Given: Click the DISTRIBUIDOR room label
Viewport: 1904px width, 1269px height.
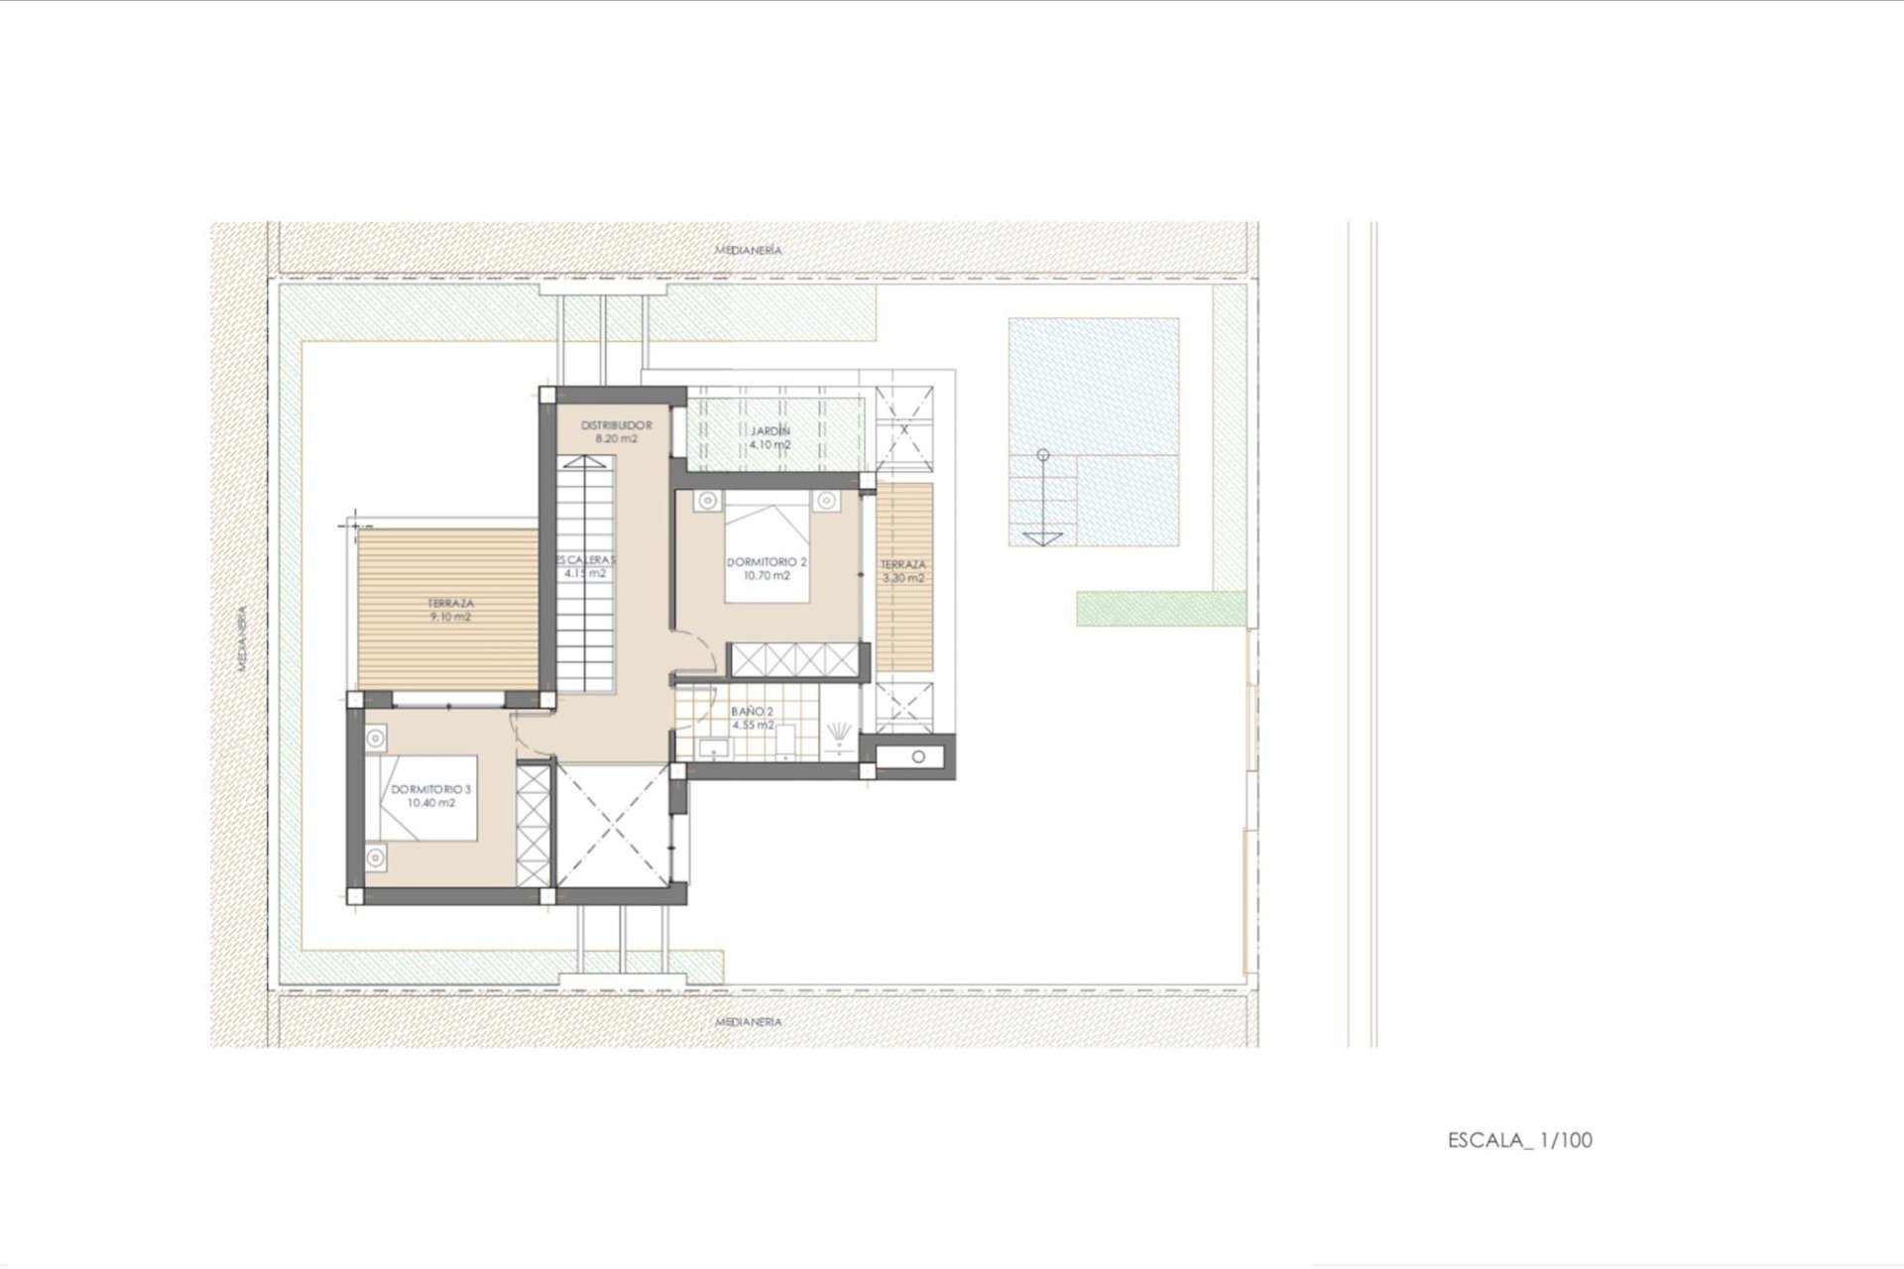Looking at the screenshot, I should pos(616,424).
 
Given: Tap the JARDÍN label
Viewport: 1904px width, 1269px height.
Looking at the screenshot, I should pos(771,431).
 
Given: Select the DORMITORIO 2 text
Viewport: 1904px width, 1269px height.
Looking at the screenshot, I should pos(767,561).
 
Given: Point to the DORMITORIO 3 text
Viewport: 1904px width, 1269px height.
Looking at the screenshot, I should pos(430,790).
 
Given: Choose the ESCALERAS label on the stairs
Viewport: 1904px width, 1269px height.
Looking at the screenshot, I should pos(585,559).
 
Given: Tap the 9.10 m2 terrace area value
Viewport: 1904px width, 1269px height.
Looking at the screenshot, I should pos(450,617).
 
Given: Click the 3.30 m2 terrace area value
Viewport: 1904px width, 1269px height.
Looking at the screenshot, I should pos(903,577).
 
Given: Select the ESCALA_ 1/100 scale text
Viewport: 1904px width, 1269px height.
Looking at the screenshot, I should pos(1519,1140).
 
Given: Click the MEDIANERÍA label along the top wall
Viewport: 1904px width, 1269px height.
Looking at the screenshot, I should pos(749,250).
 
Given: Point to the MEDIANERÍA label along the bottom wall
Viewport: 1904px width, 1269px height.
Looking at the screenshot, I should pos(749,1021).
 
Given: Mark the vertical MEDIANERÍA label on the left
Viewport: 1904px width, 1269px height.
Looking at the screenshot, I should pos(240,639).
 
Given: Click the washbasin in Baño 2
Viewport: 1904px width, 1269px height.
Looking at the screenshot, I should pos(712,749).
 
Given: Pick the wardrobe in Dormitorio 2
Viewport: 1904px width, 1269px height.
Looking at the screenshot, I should pos(796,659).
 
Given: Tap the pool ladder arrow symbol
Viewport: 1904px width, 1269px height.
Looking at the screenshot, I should pos(1042,536).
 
